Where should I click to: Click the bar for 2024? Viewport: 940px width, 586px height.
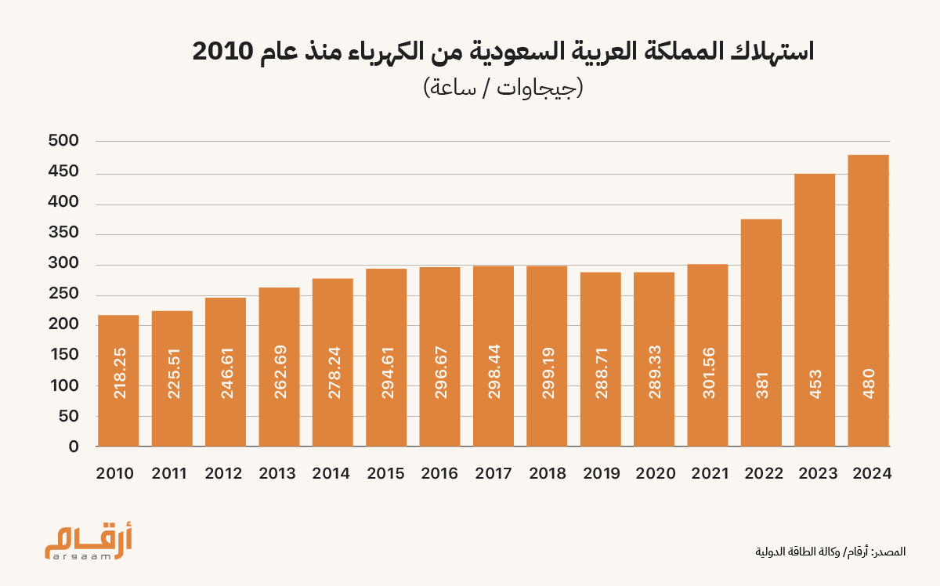pos(868,301)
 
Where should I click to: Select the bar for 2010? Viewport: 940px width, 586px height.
pos(118,381)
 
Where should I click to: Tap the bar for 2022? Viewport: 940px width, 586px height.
pos(761,333)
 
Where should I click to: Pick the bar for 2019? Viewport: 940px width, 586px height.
pos(601,360)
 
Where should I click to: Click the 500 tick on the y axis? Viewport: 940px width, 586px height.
pos(63,142)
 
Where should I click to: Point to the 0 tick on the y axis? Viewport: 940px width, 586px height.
pos(74,447)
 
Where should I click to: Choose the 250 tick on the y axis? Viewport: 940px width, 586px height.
pos(63,295)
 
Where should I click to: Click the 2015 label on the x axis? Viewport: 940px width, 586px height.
pos(386,474)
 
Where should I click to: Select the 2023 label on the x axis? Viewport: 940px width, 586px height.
pos(815,474)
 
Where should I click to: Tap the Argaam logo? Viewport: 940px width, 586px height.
pos(88,543)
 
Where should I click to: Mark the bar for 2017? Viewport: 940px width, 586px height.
pos(493,356)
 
